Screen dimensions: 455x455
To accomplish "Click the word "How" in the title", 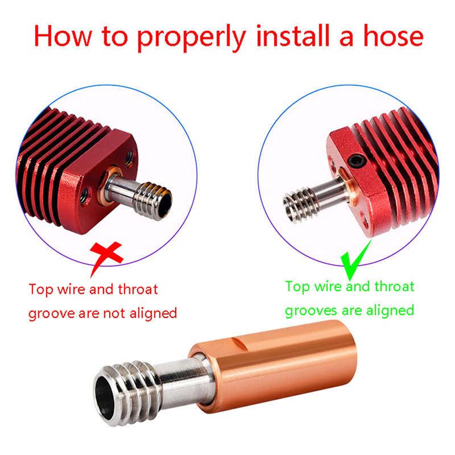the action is pos(63,36).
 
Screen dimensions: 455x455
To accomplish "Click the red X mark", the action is pos(105,255).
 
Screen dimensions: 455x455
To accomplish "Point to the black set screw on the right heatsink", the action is pos(357,161).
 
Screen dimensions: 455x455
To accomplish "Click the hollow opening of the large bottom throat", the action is pos(105,397).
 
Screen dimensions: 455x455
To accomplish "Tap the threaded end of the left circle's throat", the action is pos(153,201).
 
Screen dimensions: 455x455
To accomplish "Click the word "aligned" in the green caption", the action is pos(390,311).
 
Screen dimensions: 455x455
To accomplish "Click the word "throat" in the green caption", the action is pos(394,287).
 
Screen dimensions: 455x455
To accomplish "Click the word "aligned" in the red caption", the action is pos(153,313).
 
